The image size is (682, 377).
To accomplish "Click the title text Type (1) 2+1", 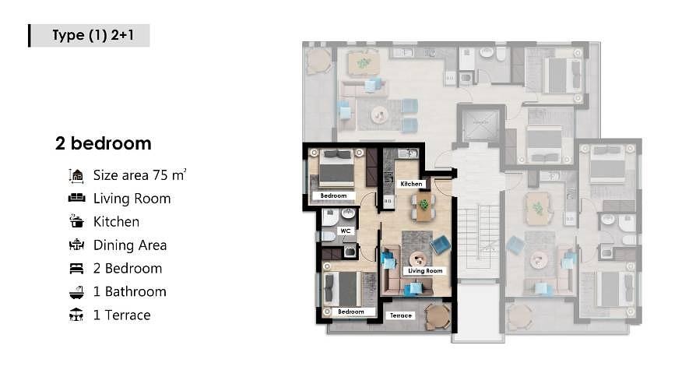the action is [x=93, y=35].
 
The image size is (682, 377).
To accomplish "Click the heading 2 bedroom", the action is [x=104, y=143].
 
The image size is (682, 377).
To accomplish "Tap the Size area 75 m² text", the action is [x=139, y=175].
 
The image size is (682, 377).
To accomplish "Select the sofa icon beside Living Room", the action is [x=77, y=198].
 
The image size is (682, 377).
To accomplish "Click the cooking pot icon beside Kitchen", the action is [x=76, y=221].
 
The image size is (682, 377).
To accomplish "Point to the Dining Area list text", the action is [x=130, y=245].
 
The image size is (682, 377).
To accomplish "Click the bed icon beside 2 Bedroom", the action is [x=76, y=268].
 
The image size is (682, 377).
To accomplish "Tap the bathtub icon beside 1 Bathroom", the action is [x=76, y=291].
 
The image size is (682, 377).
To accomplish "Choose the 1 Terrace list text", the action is [x=121, y=315].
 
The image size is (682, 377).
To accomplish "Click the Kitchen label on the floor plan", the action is [x=411, y=184].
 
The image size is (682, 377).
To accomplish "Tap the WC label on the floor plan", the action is [x=346, y=231].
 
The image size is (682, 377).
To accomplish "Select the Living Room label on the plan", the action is [x=425, y=271].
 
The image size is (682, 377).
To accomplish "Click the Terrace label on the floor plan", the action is [x=401, y=315].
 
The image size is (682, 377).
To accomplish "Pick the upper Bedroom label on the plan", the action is [x=334, y=196].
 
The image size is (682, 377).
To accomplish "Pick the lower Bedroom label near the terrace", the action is [x=350, y=312].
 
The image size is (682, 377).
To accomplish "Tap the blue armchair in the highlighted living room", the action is [x=440, y=245].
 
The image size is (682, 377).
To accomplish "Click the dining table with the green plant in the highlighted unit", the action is [x=424, y=206].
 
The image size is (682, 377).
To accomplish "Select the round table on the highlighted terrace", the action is [x=438, y=316].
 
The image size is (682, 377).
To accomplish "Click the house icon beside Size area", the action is [x=76, y=175].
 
